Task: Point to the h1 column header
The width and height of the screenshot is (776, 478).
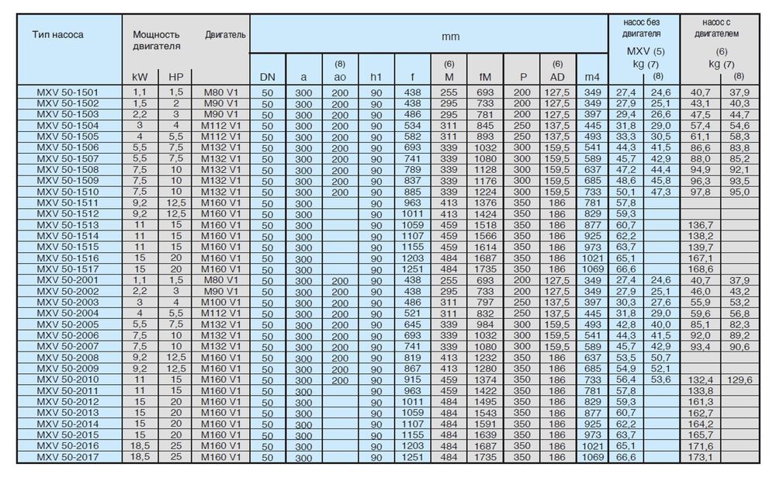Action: [376, 76]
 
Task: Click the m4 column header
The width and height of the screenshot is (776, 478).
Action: [592, 76]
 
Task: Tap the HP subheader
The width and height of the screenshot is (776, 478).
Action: [175, 76]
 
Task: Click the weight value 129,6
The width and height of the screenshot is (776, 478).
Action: [739, 379]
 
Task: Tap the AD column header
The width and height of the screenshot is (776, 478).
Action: [556, 76]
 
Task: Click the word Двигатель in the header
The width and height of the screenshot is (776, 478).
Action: [226, 34]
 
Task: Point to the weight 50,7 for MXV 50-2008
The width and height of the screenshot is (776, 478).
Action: [660, 357]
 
